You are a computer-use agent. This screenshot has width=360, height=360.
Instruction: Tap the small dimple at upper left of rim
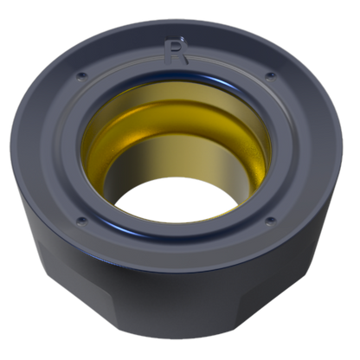pyautogui.click(x=81, y=76)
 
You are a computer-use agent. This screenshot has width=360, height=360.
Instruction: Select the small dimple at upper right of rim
pyautogui.click(x=270, y=76)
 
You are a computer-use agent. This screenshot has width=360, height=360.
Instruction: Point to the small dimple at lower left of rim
pyautogui.click(x=81, y=222)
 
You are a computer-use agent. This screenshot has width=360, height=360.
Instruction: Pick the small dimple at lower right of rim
pyautogui.click(x=270, y=222)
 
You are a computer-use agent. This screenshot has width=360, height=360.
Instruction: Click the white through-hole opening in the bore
pyautogui.click(x=177, y=200)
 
